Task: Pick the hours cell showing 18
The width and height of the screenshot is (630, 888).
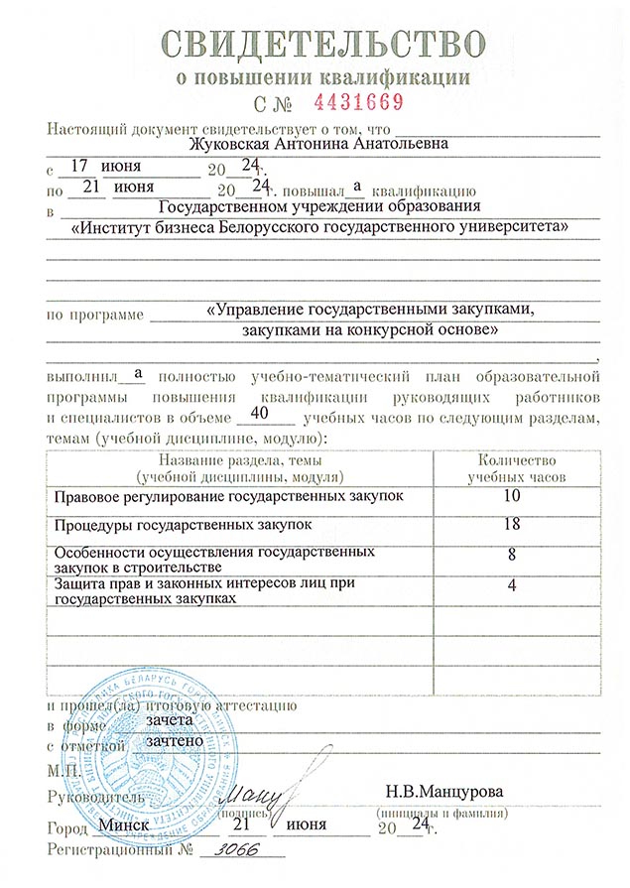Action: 512,523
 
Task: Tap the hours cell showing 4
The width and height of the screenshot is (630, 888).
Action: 512,585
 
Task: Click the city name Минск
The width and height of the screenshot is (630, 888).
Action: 124,825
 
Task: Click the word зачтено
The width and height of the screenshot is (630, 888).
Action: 175,740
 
